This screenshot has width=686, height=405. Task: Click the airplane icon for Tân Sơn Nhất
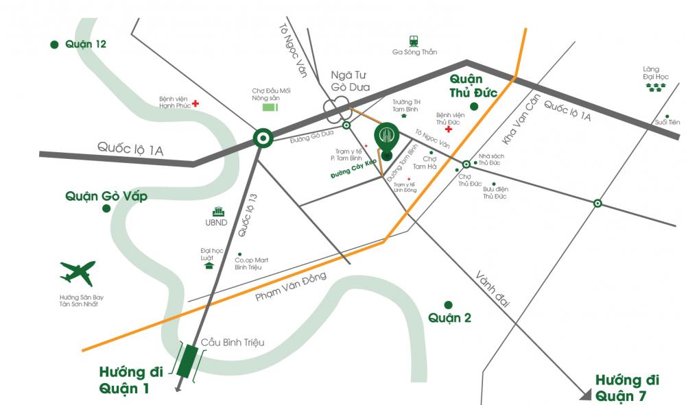(77, 274)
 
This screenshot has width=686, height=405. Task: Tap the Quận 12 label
(85, 44)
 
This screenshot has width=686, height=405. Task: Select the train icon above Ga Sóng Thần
(414, 40)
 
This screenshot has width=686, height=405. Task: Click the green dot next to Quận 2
(448, 304)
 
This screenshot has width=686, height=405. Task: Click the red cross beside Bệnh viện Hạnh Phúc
(196, 103)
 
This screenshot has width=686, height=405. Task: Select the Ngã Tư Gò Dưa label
(350, 81)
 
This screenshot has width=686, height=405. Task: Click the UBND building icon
(218, 212)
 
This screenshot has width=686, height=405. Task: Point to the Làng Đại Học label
(656, 73)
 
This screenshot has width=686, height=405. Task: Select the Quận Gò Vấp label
(106, 196)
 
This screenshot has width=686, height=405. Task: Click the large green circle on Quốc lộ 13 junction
(262, 138)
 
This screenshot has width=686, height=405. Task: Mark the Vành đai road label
(493, 288)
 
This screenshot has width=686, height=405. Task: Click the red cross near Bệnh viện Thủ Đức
(449, 129)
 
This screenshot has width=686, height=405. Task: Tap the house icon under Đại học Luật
(209, 265)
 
